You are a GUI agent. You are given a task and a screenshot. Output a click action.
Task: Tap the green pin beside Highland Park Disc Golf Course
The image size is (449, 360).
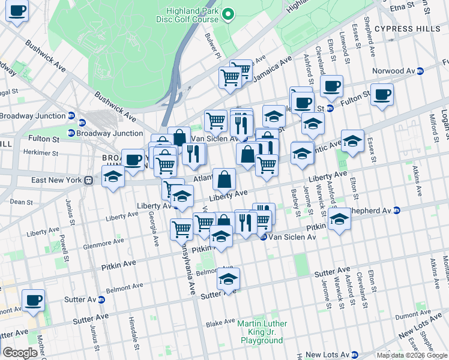(x=228, y=14)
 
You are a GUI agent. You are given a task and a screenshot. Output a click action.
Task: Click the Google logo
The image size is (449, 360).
(x=20, y=352)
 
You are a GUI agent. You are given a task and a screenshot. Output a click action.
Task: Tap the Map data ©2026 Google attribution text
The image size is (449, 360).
(x=412, y=355)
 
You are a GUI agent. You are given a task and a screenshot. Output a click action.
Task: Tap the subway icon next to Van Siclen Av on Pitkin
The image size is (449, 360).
(x=263, y=238)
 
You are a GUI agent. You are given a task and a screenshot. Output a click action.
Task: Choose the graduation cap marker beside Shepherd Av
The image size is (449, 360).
(x=339, y=219)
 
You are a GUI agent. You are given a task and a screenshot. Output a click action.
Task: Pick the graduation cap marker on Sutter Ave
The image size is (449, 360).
(x=228, y=279)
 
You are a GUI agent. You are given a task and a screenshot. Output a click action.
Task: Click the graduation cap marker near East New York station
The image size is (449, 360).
(x=112, y=176)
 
